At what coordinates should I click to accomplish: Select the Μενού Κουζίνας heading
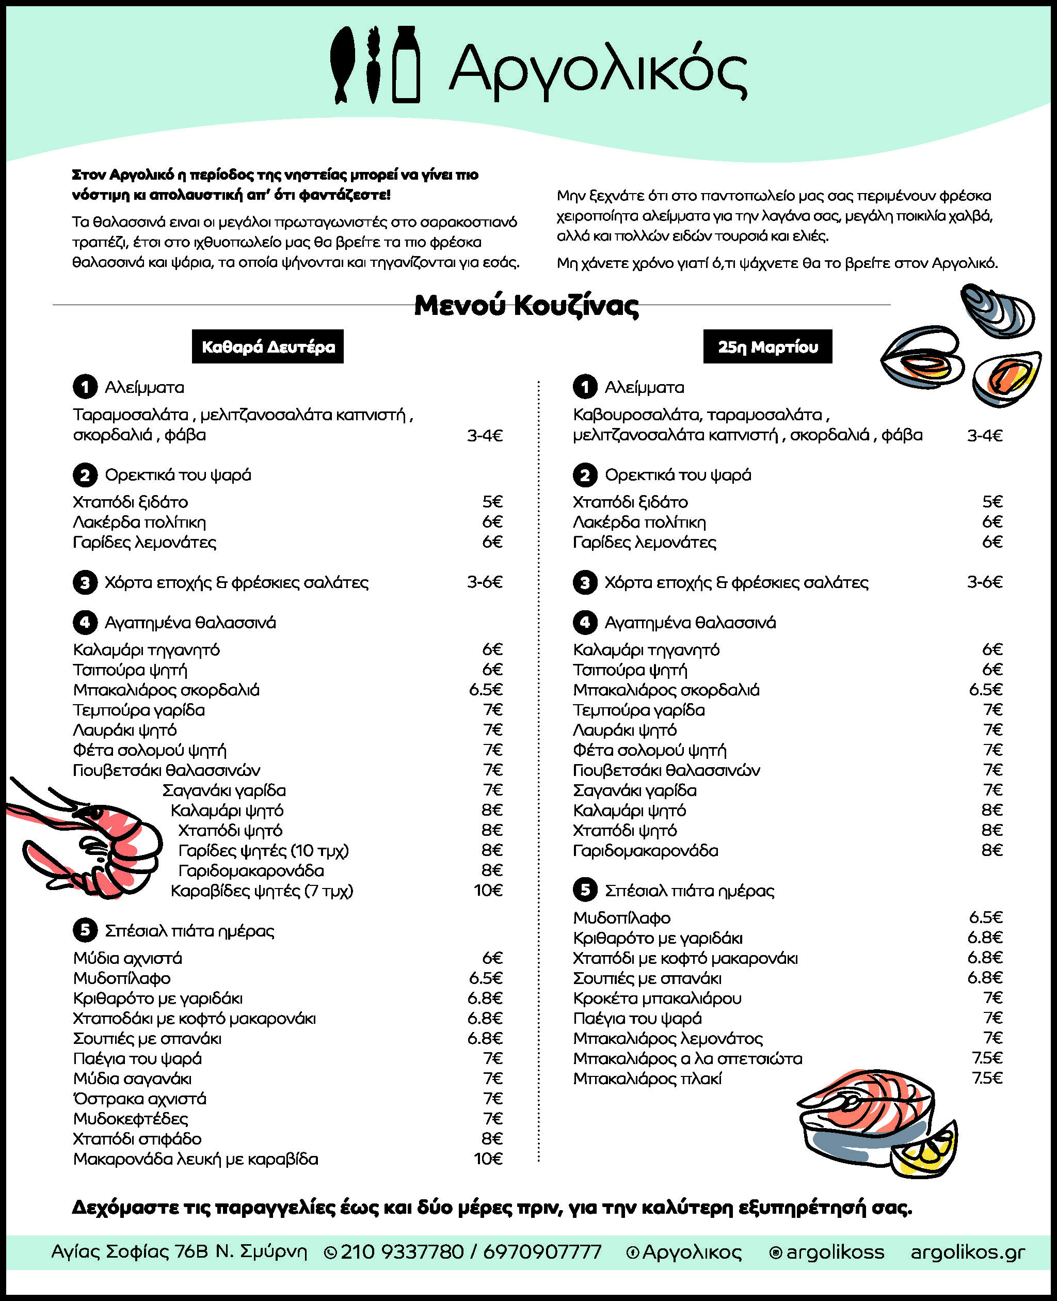[526, 306]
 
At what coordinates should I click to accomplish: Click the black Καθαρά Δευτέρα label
[268, 346]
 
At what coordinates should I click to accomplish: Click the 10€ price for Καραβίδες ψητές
[488, 891]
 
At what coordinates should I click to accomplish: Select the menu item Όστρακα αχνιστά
[139, 1099]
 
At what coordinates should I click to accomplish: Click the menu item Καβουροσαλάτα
[637, 415]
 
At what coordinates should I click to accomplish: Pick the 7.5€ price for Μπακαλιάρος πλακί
[986, 1078]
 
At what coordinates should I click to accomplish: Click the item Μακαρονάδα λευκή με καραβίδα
[196, 1159]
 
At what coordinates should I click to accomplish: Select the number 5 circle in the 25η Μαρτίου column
[585, 891]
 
